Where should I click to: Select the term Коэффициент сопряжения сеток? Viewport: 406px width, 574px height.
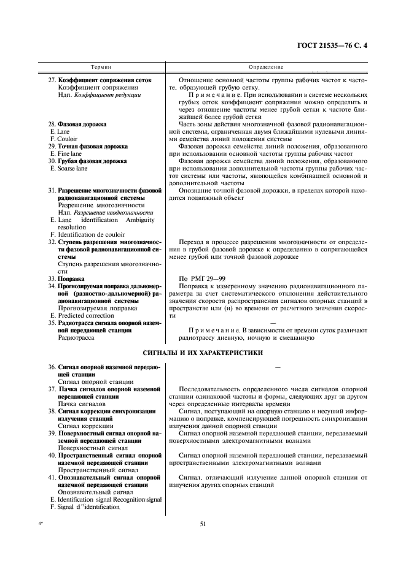104,80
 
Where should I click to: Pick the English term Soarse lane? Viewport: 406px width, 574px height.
76,169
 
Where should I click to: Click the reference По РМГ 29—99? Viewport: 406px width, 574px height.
202,278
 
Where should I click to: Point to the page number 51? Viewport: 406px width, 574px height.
203,522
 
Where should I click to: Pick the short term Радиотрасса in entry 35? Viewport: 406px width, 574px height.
77,338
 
